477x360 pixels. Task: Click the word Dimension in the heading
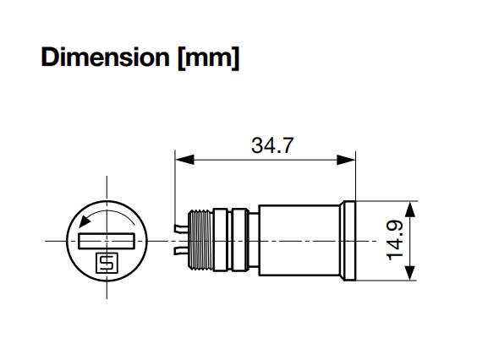coord(105,57)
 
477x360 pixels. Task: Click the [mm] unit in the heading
coord(209,58)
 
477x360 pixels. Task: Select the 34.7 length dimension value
coord(272,145)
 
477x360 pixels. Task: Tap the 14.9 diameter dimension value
coord(395,241)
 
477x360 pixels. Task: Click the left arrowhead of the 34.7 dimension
coord(184,160)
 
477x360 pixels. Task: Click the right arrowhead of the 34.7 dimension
coord(346,160)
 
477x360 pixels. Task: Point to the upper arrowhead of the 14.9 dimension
coord(410,210)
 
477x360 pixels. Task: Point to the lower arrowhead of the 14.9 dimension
coord(410,272)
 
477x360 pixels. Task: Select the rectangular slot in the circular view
coord(107,241)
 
